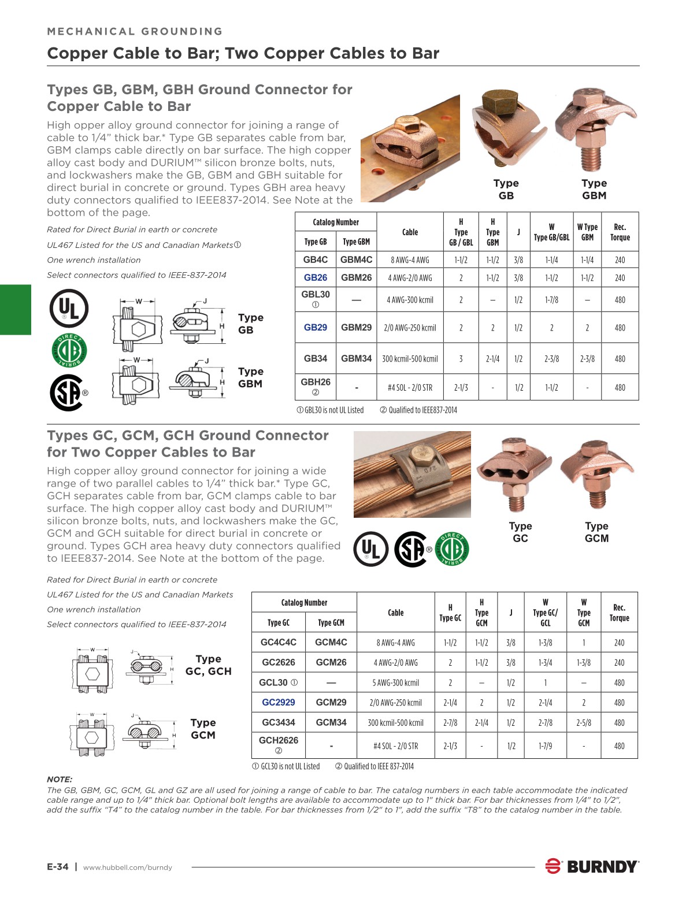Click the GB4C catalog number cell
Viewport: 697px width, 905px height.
coord(316,259)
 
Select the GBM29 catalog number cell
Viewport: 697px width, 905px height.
coord(356,327)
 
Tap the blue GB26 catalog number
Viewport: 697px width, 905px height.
coord(316,277)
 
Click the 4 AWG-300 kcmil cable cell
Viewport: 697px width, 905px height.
coord(410,300)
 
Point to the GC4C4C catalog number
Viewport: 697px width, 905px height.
coord(278,642)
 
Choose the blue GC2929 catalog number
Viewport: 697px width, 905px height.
coord(278,702)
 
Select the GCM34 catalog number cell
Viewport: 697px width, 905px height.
coord(331,722)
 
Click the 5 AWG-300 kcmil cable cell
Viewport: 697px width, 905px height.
coord(396,683)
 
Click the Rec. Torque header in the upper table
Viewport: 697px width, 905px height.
coord(620,232)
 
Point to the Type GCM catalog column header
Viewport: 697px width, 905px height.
coord(331,622)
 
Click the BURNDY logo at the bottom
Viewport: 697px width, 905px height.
coord(592,866)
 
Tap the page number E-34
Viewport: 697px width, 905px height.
coord(58,866)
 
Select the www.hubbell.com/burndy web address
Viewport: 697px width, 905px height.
coord(128,867)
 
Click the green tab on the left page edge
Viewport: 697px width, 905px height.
coord(16,309)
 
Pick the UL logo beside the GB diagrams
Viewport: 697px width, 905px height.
coord(69,309)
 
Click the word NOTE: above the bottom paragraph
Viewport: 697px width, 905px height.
coord(60,779)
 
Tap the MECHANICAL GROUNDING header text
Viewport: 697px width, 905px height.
coord(135,31)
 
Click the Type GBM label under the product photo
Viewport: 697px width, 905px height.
coord(594,189)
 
